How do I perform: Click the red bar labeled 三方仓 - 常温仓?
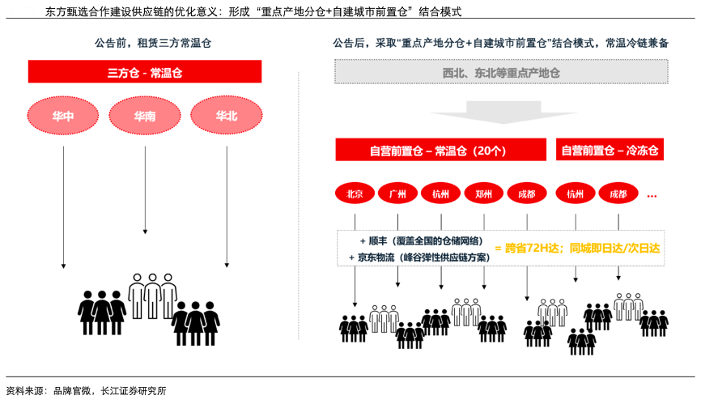[145, 72]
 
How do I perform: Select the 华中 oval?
[63, 117]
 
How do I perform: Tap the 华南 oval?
[145, 117]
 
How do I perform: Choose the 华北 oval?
[226, 117]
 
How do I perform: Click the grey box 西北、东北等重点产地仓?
[501, 73]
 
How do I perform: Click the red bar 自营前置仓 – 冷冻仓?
[610, 151]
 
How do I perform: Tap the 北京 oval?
[355, 194]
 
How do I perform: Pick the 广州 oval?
[397, 194]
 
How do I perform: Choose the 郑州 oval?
[484, 194]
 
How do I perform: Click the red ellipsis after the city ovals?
[652, 195]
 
